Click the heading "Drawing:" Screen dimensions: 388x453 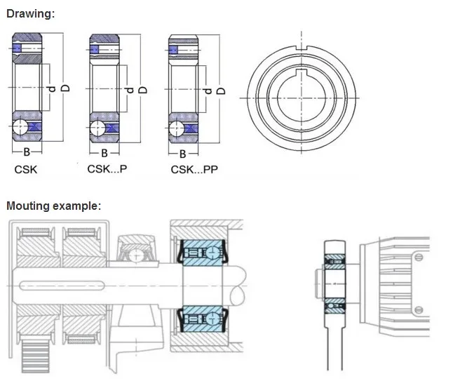point(29,14)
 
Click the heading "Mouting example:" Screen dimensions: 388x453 point(53,206)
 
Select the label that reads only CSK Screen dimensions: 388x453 point(26,169)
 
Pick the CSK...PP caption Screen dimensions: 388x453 point(194,170)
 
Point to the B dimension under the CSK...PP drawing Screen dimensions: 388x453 point(182,153)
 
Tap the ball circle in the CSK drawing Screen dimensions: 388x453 point(21,127)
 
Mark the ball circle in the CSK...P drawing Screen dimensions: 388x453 point(98,127)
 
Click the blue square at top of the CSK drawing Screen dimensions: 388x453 point(17,48)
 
